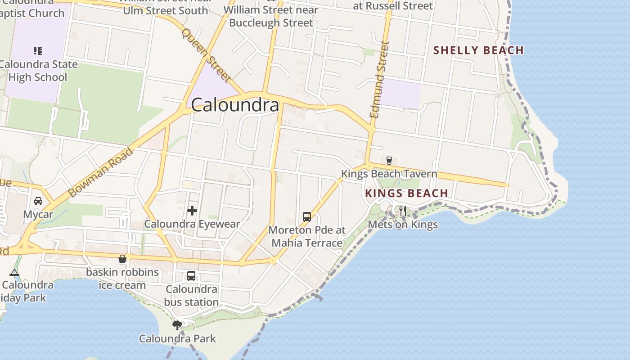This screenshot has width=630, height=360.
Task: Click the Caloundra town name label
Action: click(x=235, y=105)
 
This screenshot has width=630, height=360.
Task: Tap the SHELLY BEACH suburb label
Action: click(x=478, y=50)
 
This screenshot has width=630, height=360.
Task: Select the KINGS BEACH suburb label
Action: click(x=406, y=193)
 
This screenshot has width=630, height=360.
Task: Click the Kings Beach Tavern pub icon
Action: click(x=389, y=160)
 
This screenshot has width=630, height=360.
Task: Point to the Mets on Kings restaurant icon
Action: click(x=402, y=211)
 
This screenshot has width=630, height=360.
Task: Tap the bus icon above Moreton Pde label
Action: click(x=307, y=217)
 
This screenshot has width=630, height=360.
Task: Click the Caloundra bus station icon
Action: click(x=191, y=276)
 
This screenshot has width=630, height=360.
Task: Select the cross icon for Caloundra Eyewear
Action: click(x=192, y=210)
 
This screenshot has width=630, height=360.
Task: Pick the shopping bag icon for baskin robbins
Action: click(x=122, y=259)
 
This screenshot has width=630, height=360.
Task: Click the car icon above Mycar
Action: click(x=38, y=201)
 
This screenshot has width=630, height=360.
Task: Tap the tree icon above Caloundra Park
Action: click(x=177, y=325)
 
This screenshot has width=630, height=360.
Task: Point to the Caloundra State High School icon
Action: click(x=38, y=51)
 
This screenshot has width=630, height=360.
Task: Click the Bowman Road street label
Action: click(x=101, y=172)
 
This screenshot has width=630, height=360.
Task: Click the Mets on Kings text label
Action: click(x=403, y=225)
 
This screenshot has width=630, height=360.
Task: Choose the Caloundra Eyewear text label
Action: click(x=192, y=224)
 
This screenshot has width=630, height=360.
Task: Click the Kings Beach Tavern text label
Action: click(x=389, y=174)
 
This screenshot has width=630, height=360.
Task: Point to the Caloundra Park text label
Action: click(x=177, y=338)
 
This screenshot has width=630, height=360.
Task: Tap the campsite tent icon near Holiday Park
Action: click(x=14, y=272)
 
